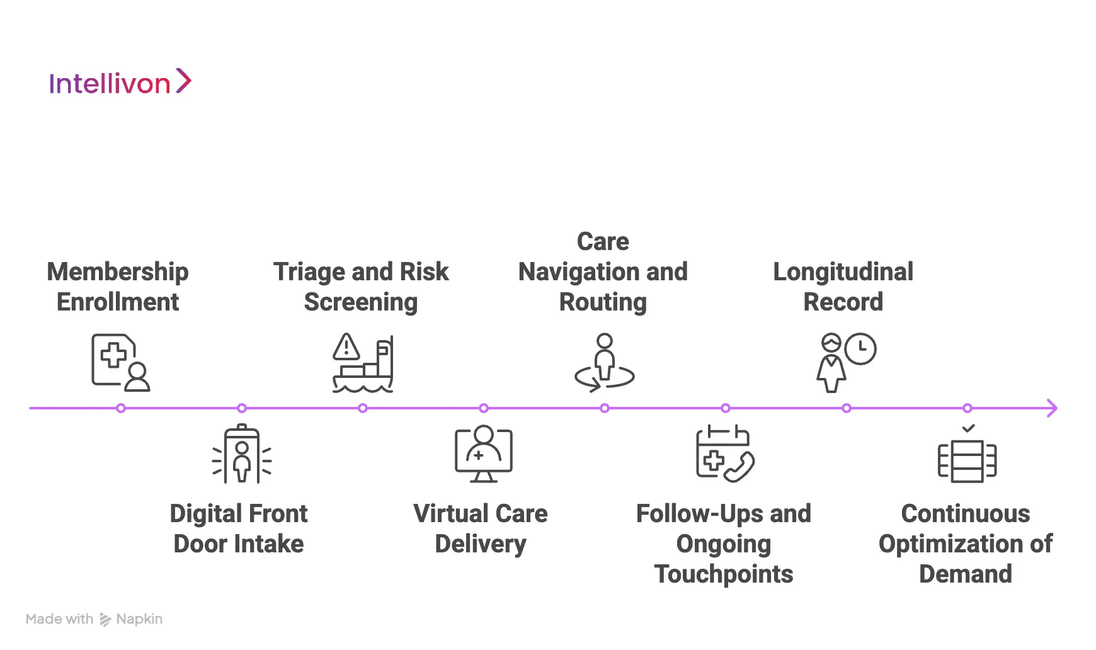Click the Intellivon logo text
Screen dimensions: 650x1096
[x=110, y=84]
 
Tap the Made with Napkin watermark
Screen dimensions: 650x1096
[x=94, y=619]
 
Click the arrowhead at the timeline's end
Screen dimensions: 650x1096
[x=1052, y=408]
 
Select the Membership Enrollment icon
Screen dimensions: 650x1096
[x=120, y=363]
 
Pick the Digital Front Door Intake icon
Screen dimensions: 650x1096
[x=242, y=454]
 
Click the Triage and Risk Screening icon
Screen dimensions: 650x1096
[x=363, y=363]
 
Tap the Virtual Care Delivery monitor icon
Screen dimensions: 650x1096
[x=484, y=454]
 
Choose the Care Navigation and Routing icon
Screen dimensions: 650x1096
[x=605, y=363]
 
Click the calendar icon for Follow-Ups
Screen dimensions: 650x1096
[x=724, y=454]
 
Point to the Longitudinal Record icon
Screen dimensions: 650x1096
[x=846, y=363]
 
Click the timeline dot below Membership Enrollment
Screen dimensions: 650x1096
[x=121, y=408]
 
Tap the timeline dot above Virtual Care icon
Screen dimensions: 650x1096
[x=484, y=408]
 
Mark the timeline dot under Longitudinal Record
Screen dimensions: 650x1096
[x=847, y=408]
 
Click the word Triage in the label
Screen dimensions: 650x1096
[x=310, y=272]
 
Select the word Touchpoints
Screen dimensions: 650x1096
[x=724, y=574]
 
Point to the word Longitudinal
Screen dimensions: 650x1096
[x=843, y=272]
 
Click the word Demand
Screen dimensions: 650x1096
[x=966, y=574]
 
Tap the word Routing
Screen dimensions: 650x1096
[x=603, y=302]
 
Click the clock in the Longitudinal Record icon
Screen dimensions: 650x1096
[x=860, y=349]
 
